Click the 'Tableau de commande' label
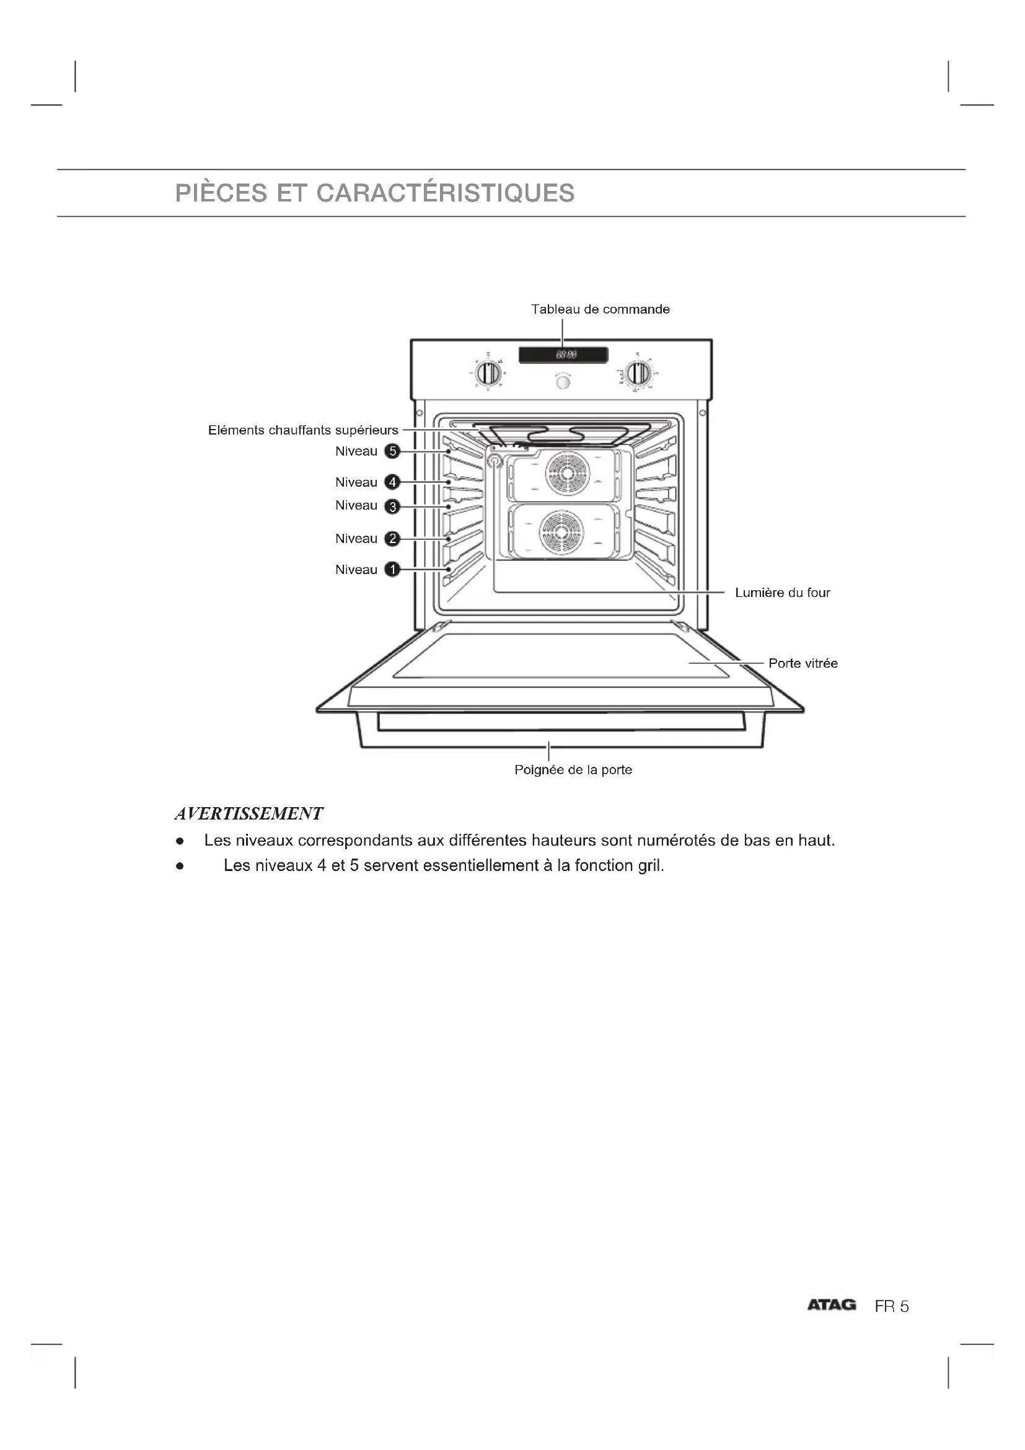click(x=600, y=309)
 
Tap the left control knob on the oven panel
click(x=488, y=374)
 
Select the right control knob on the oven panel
click(x=640, y=374)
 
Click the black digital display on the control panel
click(x=563, y=355)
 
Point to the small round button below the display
click(x=563, y=382)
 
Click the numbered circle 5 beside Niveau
click(x=392, y=451)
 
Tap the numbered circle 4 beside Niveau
click(x=392, y=482)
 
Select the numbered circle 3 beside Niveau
click(x=392, y=506)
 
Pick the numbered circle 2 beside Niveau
click(x=392, y=539)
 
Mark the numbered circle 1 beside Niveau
click(x=392, y=570)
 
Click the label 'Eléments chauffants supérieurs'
click(x=303, y=431)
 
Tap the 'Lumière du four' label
click(x=782, y=593)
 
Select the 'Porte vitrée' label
click(x=803, y=664)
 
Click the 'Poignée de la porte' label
click(x=573, y=770)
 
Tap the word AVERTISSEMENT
click(x=249, y=813)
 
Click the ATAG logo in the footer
click(x=831, y=1306)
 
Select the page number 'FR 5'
click(x=891, y=1307)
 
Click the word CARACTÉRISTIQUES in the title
click(x=445, y=193)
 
